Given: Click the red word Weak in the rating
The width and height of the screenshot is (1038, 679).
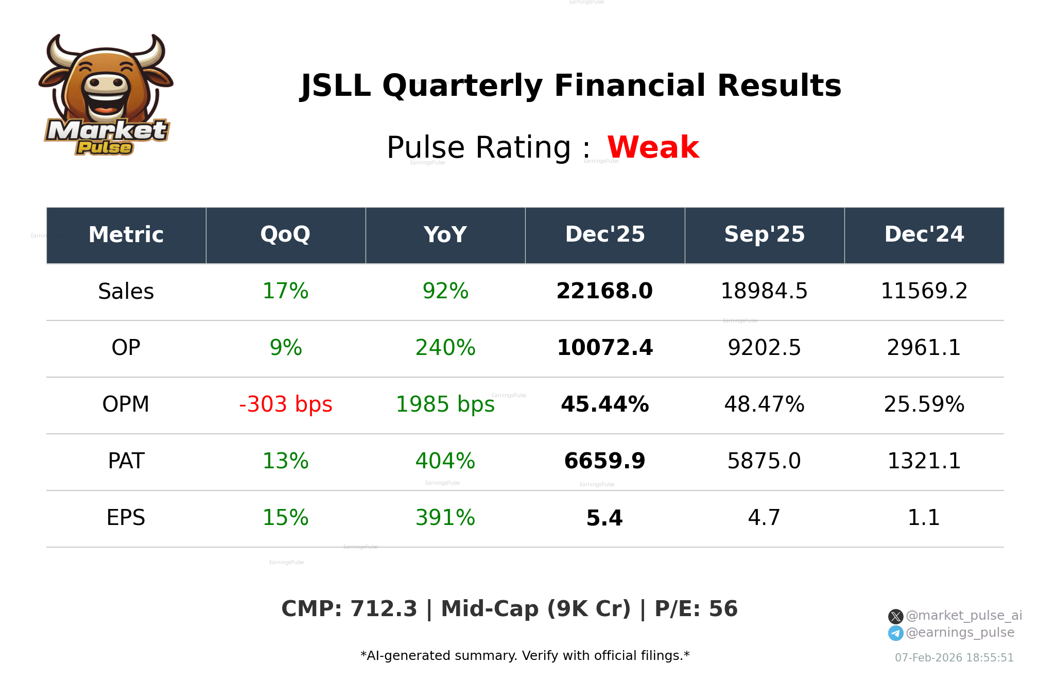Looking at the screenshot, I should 653,147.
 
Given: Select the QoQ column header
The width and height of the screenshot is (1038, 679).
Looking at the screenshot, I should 285,235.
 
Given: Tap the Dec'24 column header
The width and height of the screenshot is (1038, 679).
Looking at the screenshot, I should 924,235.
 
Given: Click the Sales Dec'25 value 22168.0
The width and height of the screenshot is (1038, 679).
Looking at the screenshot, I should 604,292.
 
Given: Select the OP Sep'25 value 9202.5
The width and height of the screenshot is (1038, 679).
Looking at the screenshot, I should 764,348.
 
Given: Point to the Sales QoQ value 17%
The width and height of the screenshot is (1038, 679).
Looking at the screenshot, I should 285,292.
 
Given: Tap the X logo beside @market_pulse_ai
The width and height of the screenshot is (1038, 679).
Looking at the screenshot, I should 895,616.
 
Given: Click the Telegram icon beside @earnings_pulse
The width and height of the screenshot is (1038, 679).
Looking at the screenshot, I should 895,633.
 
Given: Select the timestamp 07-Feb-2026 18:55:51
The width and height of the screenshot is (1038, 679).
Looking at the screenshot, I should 954,658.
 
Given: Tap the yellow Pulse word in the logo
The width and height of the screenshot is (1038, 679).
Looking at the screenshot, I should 105,148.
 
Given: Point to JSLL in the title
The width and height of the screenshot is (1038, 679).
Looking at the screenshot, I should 336,86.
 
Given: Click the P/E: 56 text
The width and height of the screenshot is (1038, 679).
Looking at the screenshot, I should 696,609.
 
